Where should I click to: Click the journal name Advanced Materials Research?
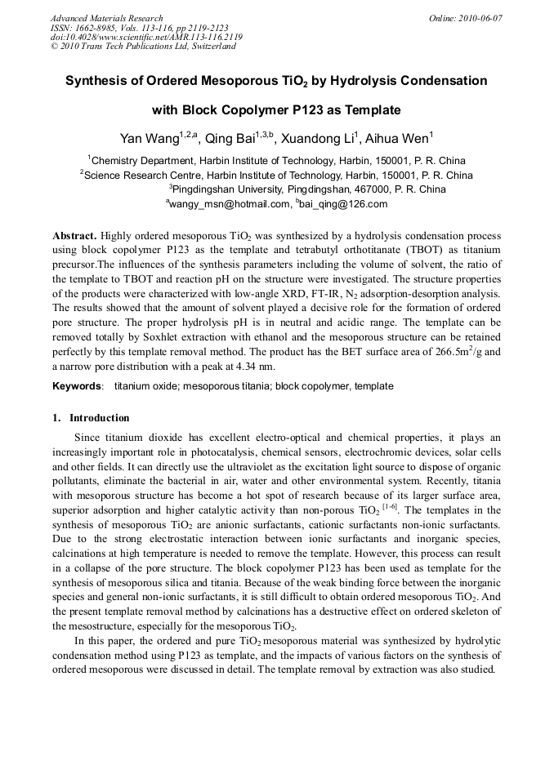click(x=106, y=18)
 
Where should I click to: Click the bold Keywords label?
click(x=78, y=385)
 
